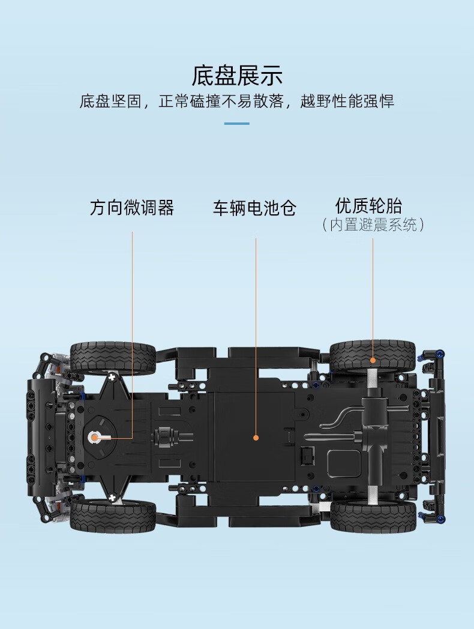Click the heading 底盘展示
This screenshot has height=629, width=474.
tap(237, 75)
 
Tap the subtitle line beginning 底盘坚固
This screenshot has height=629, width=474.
tap(236, 101)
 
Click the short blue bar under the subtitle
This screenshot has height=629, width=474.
tap(236, 124)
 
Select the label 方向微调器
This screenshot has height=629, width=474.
tap(132, 208)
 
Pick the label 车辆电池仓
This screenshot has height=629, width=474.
tap(254, 208)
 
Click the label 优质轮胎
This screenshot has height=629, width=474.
tap(368, 206)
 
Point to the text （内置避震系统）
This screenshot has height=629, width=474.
tap(373, 224)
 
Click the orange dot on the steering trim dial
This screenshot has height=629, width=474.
tap(95, 438)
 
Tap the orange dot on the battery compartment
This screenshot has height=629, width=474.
tap(256, 438)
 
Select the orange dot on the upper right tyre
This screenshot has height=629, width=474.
tap(373, 360)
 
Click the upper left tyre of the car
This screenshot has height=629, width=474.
tap(113, 358)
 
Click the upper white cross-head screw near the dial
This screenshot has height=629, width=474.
tap(112, 377)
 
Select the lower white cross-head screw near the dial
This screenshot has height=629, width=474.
tap(112, 498)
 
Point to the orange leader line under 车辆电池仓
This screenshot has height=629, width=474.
tap(256, 337)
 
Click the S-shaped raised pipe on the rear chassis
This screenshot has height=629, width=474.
tap(343, 417)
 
